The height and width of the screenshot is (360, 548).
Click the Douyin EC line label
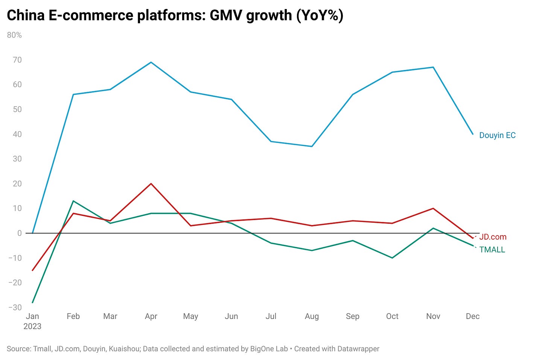pos(497,135)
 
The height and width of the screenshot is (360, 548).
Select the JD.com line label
pos(493,237)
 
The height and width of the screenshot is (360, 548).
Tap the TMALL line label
pos(492,250)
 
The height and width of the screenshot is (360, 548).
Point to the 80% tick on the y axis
pos(14,35)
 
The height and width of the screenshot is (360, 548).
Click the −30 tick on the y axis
pos(15,307)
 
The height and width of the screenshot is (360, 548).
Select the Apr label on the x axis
pos(151,316)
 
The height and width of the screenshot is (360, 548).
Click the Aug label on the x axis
pos(312,316)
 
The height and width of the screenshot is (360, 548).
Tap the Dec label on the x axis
pos(472,316)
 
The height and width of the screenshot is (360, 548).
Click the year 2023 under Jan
pos(32,326)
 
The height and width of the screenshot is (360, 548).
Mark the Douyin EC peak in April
pos(151,62)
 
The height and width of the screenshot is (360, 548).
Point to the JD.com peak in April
pos(151,184)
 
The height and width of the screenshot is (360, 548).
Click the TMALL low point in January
pos(33,302)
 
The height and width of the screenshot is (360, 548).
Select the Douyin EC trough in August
pos(312,146)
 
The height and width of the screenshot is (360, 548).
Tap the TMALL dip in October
pos(392,258)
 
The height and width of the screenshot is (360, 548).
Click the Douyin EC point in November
pos(433,67)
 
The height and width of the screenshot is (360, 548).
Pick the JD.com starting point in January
pos(33,270)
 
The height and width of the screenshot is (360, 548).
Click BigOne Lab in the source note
pos(269,349)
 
